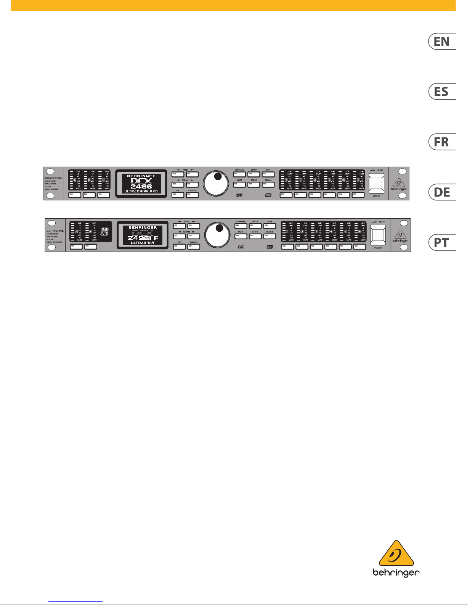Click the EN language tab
tap(442, 41)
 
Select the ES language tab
tap(442, 92)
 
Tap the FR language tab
tap(442, 142)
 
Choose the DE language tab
tap(442, 192)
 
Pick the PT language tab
tap(442, 242)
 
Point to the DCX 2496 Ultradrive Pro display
tap(141, 183)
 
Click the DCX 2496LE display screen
tap(143, 235)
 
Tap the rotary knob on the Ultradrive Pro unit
tap(216, 183)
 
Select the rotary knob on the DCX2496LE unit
tap(218, 235)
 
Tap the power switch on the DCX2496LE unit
tap(378, 234)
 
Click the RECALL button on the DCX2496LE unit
tap(270, 237)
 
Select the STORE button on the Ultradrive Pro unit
tap(254, 185)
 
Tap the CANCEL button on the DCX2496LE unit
tap(194, 247)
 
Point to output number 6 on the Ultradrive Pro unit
tap(358, 179)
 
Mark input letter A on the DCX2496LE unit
tap(76, 232)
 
